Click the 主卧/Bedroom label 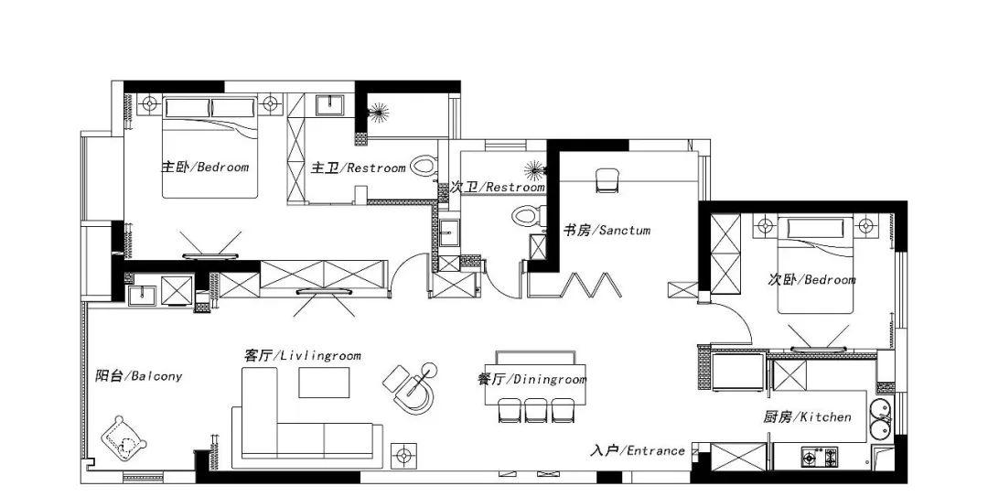[205, 167]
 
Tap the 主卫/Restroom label [359, 167]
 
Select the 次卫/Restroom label [498, 188]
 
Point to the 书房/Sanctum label [607, 231]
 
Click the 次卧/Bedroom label [811, 279]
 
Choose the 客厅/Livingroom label [303, 356]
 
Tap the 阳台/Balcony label [139, 376]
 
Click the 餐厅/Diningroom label [532, 379]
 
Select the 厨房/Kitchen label [807, 416]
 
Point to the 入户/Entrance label [638, 450]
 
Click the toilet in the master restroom [424, 167]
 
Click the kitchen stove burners [819, 457]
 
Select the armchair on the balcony [124, 438]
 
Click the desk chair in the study [608, 179]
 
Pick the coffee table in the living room [324, 383]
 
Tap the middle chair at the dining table [535, 410]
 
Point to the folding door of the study [575, 285]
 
